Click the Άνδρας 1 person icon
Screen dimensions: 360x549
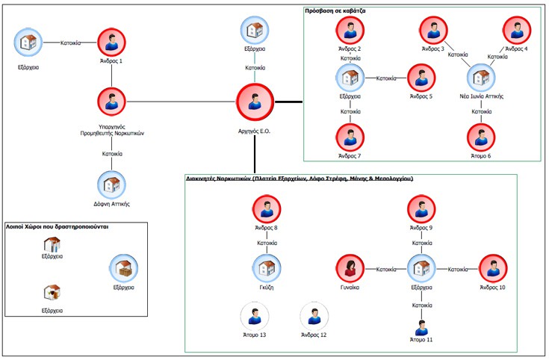tap(111, 41)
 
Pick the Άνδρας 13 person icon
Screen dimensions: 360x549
tap(252, 316)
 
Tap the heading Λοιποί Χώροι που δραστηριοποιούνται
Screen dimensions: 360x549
tap(58, 226)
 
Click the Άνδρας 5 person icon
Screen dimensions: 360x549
tap(421, 78)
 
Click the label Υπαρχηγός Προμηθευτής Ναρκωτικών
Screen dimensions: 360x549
tap(111, 129)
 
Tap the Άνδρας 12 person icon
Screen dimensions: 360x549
tap(313, 316)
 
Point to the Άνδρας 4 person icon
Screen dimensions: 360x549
tap(515, 31)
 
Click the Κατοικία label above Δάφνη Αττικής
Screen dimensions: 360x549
tap(112, 154)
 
